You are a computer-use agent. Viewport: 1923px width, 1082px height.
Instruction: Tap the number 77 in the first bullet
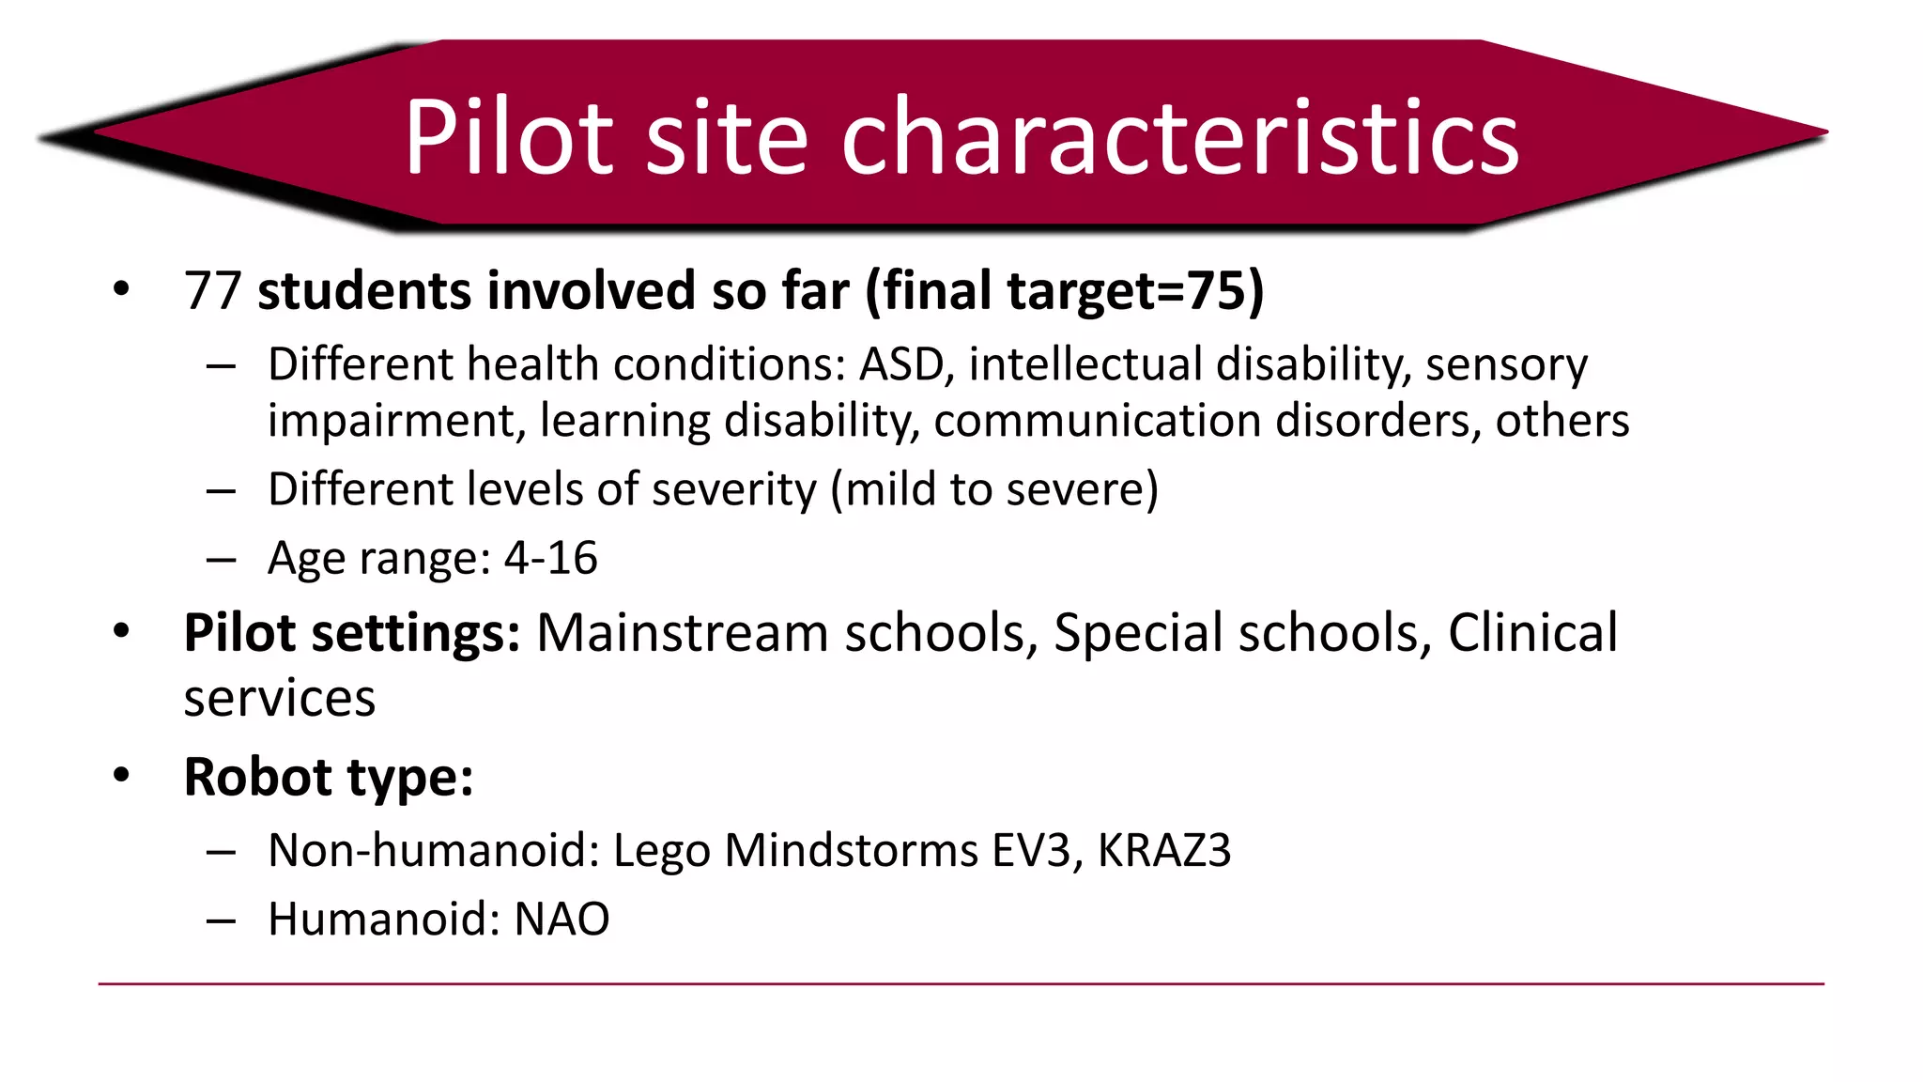pos(213,291)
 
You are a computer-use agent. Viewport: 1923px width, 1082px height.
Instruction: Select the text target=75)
pos(1136,291)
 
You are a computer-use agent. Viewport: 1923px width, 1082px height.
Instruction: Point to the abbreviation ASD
pos(901,364)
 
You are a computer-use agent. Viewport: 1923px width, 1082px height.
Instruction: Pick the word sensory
pos(1506,364)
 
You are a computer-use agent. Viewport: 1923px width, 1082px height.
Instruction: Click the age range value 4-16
pos(550,559)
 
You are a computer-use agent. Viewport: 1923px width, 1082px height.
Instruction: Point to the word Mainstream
pos(683,633)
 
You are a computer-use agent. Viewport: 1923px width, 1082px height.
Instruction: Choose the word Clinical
pos(1532,633)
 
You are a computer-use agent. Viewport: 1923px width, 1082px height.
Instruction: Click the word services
pos(280,699)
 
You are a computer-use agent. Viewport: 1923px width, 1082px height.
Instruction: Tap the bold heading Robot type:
pos(329,778)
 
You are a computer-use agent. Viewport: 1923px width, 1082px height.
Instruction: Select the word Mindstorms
pos(852,851)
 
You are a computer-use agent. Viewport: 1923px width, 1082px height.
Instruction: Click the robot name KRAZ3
pos(1163,851)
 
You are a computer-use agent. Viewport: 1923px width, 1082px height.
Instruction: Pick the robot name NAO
pos(562,920)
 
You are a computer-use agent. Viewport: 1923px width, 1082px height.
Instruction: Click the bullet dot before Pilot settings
pos(121,631)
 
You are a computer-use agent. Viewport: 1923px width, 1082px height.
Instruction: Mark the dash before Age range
pos(221,561)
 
